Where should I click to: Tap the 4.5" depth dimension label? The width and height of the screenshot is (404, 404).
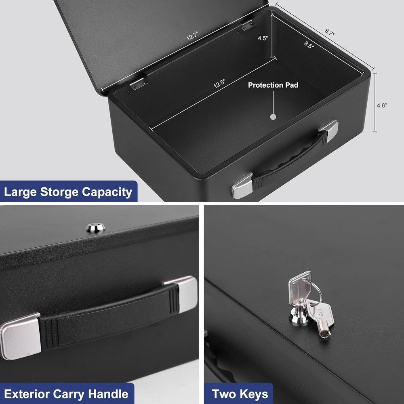pos(263,39)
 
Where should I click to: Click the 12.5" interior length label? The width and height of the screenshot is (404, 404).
pos(219,83)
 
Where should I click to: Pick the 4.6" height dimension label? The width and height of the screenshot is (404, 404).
pos(382,105)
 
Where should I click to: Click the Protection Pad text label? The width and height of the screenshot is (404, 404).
pos(273,85)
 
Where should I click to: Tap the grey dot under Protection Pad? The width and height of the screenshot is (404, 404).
pos(273,117)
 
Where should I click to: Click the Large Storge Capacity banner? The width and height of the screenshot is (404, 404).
pos(68,192)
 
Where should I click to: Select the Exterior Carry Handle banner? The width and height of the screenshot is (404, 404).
pos(66,394)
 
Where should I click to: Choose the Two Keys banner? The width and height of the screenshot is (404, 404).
pos(240,394)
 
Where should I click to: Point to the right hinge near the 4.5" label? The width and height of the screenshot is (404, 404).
pos(248,25)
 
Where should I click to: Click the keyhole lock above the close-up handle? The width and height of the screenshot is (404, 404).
pos(96,228)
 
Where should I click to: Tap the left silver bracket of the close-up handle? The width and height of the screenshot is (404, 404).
pos(19,335)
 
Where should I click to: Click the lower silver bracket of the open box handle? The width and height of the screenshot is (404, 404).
pos(242,186)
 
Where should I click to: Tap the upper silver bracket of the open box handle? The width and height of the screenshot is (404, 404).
pos(329,130)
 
